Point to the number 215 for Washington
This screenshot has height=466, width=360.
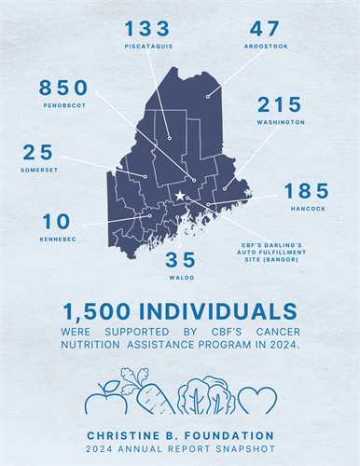(x=280, y=104)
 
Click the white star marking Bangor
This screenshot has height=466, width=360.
(x=180, y=196)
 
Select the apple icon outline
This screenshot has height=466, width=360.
(x=104, y=397)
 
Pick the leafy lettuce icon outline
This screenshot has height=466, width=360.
(x=206, y=396)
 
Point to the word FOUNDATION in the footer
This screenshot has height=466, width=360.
(x=232, y=434)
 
